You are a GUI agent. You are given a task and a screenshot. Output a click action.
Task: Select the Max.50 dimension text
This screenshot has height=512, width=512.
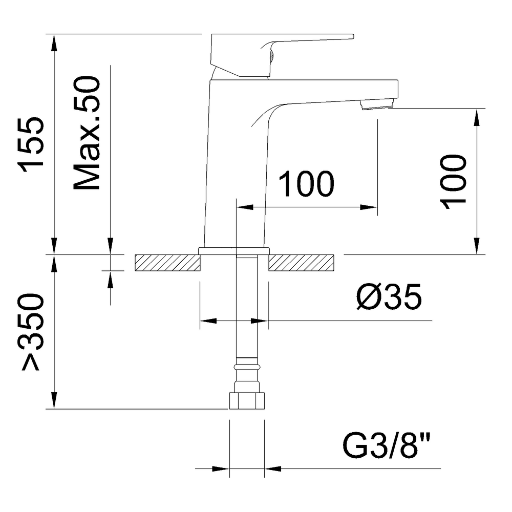(x=87, y=134)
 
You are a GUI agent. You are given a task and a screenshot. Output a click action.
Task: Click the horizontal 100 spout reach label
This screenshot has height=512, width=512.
(x=307, y=185)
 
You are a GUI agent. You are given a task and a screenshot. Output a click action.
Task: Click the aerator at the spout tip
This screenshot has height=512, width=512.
(x=377, y=104)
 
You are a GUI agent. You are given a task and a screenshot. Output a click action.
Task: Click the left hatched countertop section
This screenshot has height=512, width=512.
(x=167, y=263)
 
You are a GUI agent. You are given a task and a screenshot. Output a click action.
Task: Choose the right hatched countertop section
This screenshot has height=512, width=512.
(x=301, y=263)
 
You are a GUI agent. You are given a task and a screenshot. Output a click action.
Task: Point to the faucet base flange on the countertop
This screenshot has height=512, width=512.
(x=234, y=250)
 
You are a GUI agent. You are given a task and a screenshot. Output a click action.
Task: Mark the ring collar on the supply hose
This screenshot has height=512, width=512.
(x=247, y=367)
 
